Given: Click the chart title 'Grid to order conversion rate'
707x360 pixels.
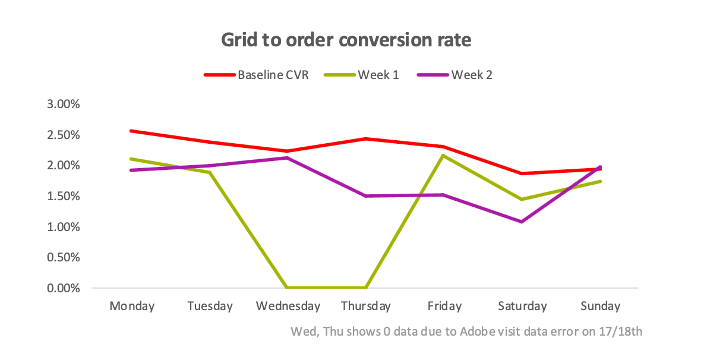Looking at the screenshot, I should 346,40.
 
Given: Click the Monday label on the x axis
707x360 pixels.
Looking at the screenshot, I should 132,306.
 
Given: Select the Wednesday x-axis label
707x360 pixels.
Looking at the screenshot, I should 288,306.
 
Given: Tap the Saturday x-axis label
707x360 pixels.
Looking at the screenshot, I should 522,306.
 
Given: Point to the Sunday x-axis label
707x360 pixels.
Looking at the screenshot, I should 600,306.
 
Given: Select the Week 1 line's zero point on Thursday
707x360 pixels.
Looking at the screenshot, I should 366,288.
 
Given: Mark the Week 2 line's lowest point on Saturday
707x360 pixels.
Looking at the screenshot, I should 522,222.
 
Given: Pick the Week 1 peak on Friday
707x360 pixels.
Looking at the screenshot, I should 444,156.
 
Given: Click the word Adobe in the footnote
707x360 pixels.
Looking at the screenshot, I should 477,331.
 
